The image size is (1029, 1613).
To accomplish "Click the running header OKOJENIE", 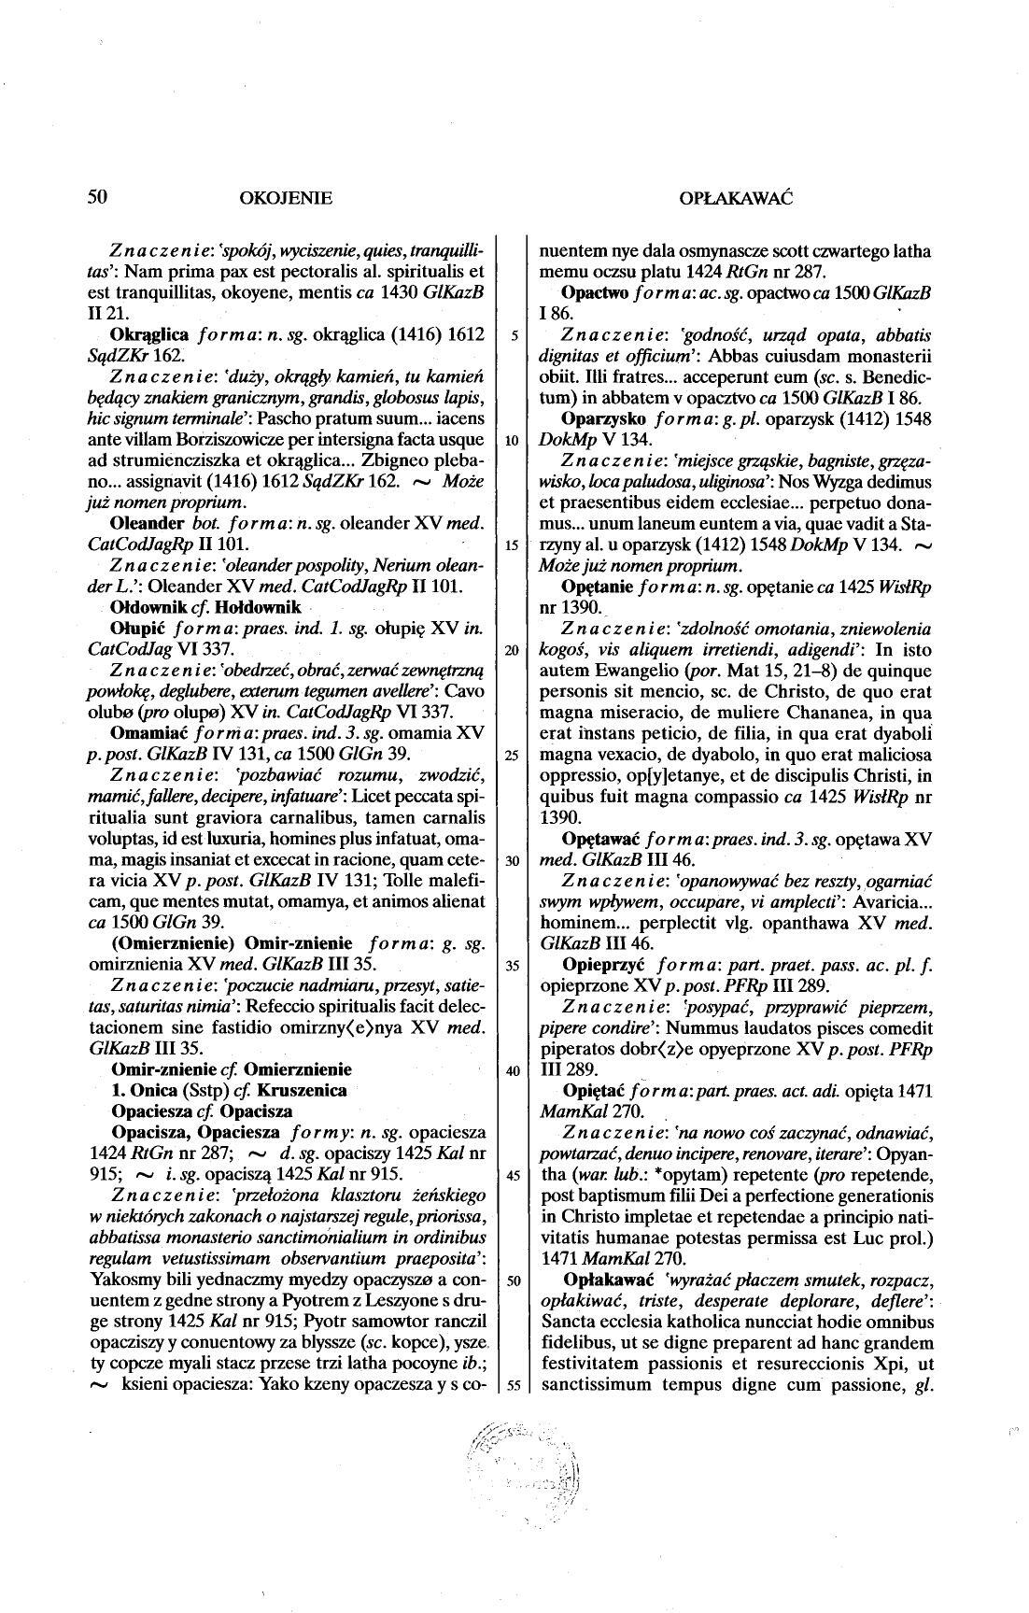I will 286,198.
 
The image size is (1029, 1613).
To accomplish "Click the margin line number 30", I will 512,861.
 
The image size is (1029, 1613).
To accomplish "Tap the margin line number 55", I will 512,1386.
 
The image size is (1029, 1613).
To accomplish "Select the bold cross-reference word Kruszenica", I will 303,1090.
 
